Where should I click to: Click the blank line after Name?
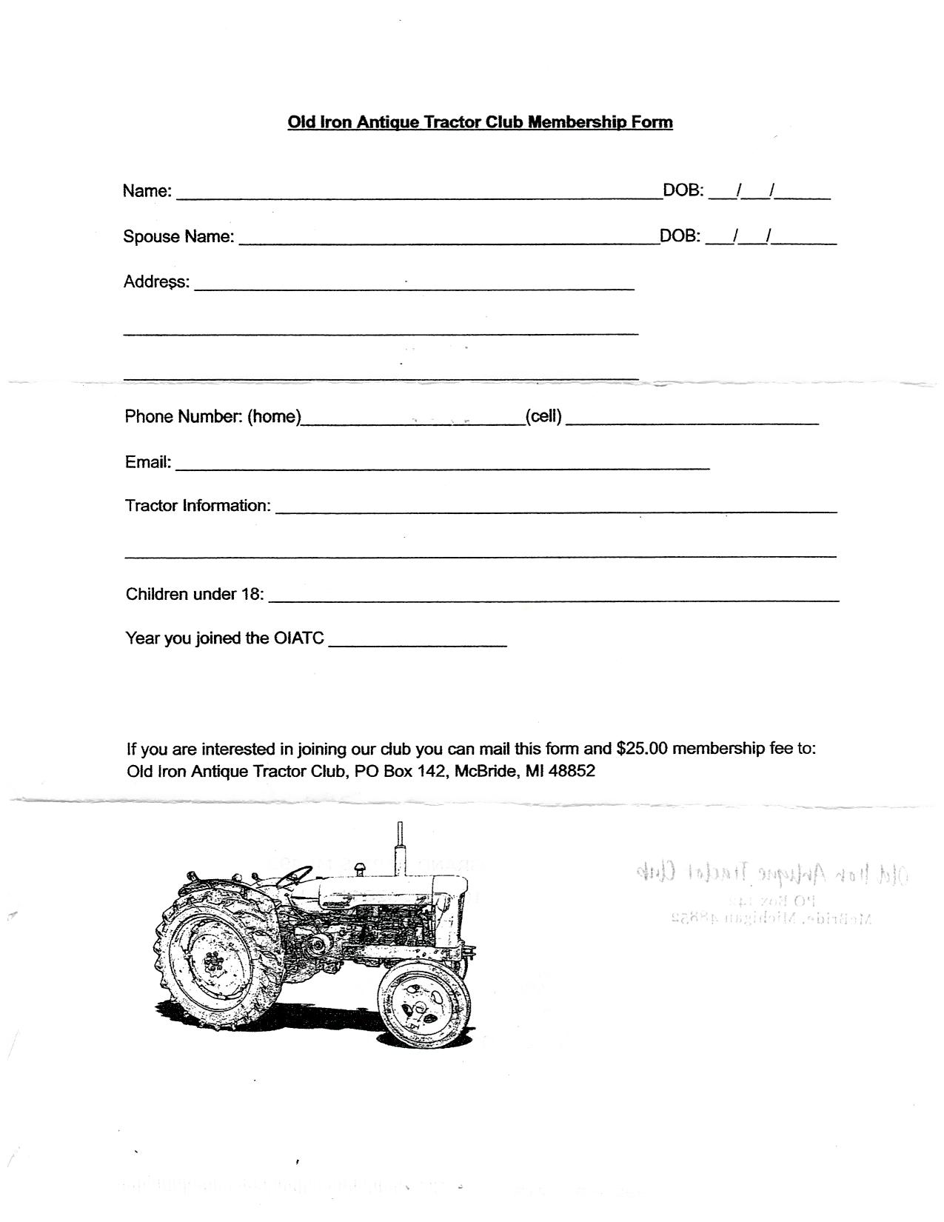[418, 196]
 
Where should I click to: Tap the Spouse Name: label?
[178, 237]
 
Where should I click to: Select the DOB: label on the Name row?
[683, 190]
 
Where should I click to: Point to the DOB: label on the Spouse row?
[680, 236]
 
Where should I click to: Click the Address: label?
[156, 282]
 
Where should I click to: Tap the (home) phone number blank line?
[413, 423]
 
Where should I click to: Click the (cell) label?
[543, 417]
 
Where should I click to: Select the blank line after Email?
[442, 468]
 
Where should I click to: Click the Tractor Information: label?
[198, 506]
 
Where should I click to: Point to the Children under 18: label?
[195, 594]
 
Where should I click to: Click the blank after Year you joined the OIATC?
[418, 644]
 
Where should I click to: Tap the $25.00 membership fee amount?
[642, 749]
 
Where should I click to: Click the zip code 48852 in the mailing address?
[572, 772]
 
